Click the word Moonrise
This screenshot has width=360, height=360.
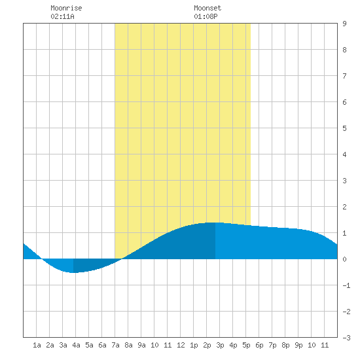pyautogui.click(x=66, y=8)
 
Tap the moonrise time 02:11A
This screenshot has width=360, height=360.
pyautogui.click(x=62, y=16)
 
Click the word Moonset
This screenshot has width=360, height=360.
pyautogui.click(x=207, y=8)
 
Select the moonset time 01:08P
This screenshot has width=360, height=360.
pyautogui.click(x=206, y=16)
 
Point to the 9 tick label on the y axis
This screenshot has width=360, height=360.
pyautogui.click(x=344, y=24)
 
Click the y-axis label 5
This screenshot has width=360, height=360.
pyautogui.click(x=344, y=128)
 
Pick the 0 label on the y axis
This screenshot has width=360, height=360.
pyautogui.click(x=344, y=259)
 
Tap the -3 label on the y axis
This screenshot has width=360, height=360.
pyautogui.click(x=346, y=338)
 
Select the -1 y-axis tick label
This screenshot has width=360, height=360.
pyautogui.click(x=346, y=285)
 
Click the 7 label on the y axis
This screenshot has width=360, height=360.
pyautogui.click(x=344, y=76)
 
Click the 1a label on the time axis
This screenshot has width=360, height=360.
pyautogui.click(x=37, y=345)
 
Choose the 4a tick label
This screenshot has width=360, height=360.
pyautogui.click(x=76, y=345)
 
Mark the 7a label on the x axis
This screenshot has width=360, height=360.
pyautogui.click(x=115, y=345)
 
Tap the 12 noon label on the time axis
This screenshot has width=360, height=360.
pyautogui.click(x=181, y=345)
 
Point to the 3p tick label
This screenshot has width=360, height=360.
pyautogui.click(x=220, y=345)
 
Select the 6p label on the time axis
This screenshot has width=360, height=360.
pyautogui.click(x=259, y=345)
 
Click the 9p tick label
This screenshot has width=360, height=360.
pyautogui.click(x=298, y=345)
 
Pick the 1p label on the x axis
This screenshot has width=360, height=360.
pyautogui.click(x=194, y=345)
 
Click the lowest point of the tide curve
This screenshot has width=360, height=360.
pyautogui.click(x=73, y=272)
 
